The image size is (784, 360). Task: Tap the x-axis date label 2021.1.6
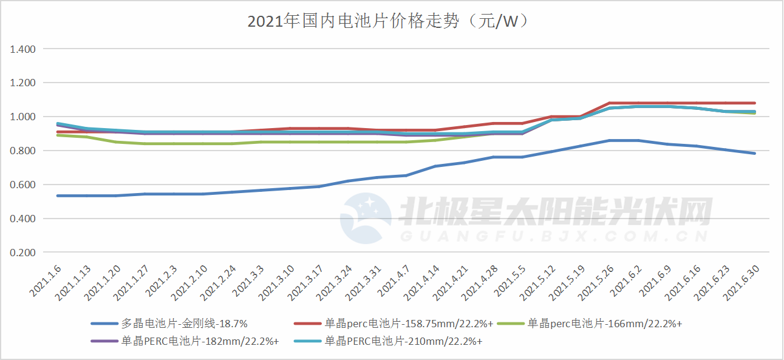(x=46, y=281)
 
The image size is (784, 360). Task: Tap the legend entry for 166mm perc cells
(x=604, y=324)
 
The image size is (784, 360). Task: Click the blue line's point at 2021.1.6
(x=58, y=195)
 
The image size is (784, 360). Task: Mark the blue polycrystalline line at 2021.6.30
(x=754, y=153)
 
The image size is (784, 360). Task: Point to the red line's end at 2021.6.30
(x=754, y=103)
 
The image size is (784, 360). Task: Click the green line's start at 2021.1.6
(x=58, y=135)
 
